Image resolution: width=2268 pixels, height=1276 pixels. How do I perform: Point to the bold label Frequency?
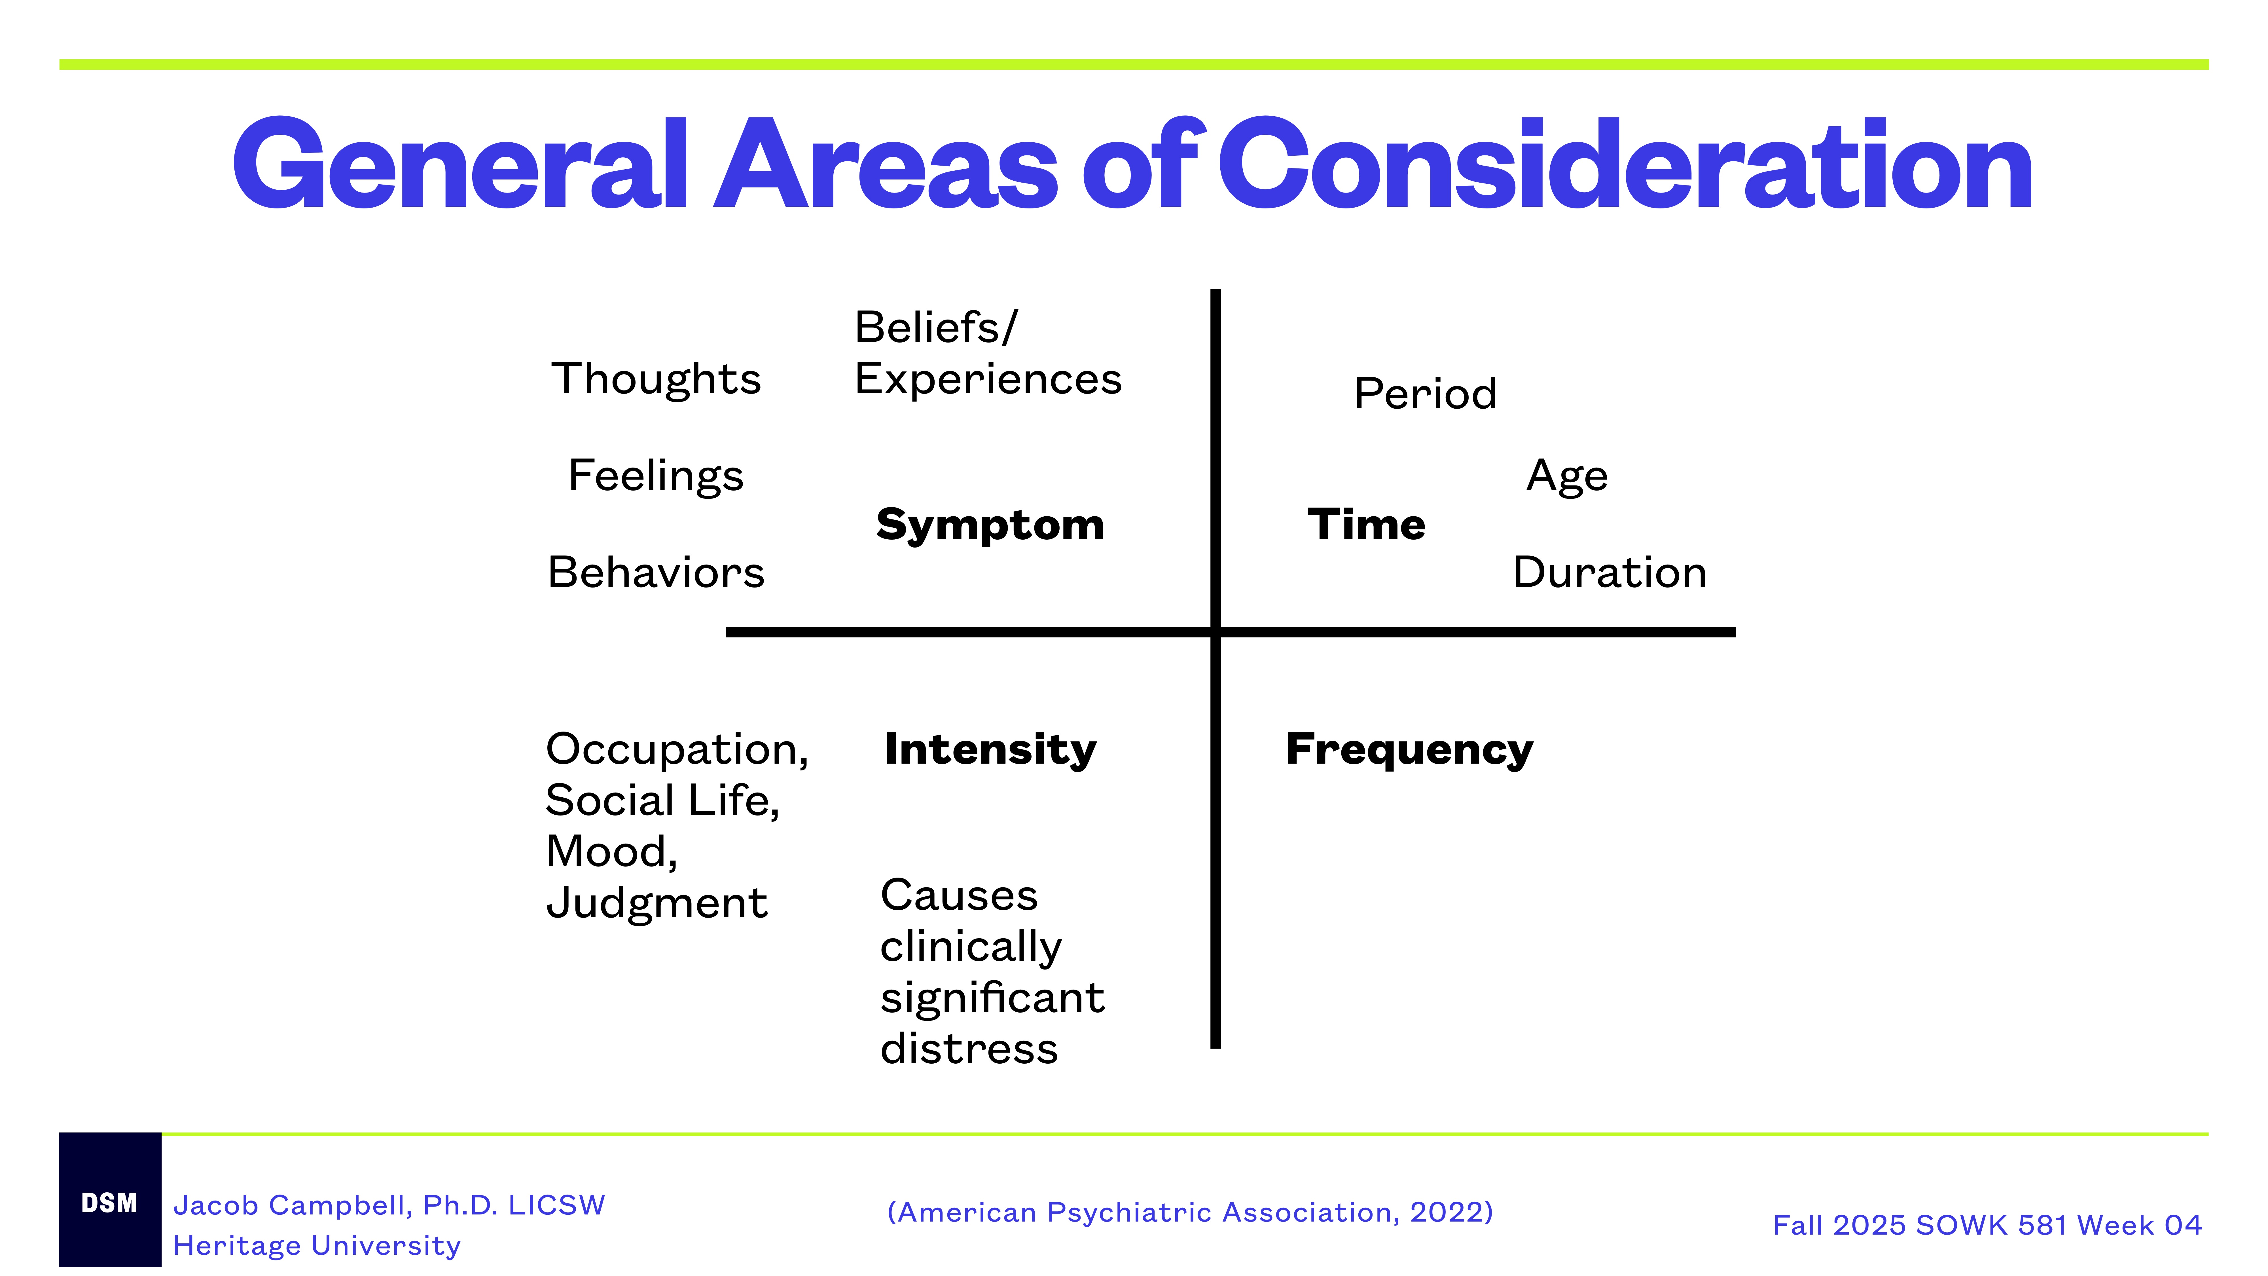pos(1409,750)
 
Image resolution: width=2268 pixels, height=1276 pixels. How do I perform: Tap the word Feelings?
pos(656,476)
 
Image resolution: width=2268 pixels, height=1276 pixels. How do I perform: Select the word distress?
pos(969,1049)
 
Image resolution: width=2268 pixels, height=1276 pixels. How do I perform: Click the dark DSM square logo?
pos(110,1201)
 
